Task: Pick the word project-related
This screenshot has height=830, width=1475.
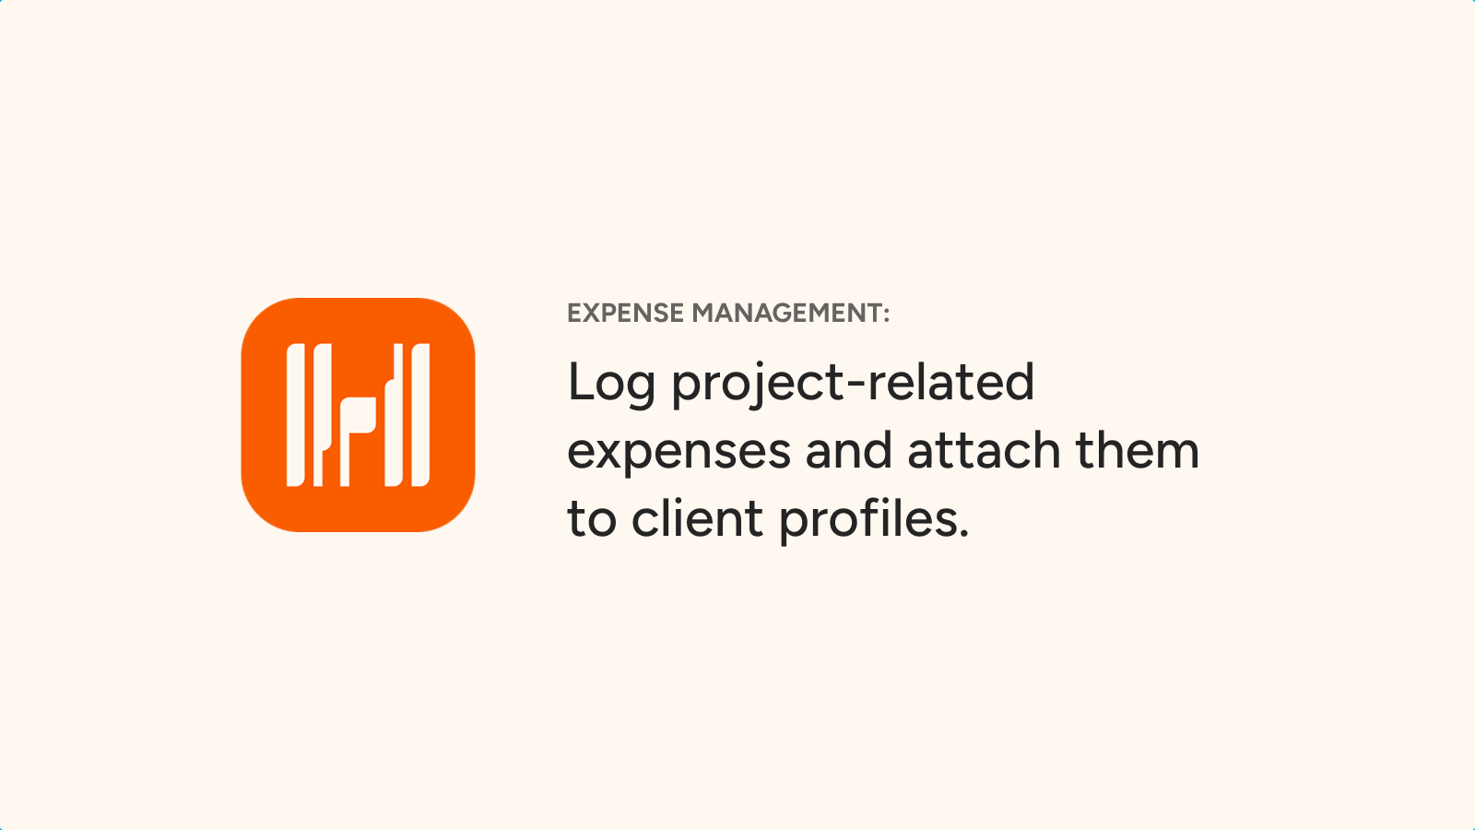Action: coord(853,384)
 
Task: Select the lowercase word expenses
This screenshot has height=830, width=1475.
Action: coord(678,455)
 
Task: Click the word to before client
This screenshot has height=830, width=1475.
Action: coord(592,519)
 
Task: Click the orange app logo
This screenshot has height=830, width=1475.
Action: coord(359,415)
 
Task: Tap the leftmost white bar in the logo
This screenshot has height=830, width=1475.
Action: coord(296,415)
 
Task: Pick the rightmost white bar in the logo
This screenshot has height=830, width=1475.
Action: coord(420,415)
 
